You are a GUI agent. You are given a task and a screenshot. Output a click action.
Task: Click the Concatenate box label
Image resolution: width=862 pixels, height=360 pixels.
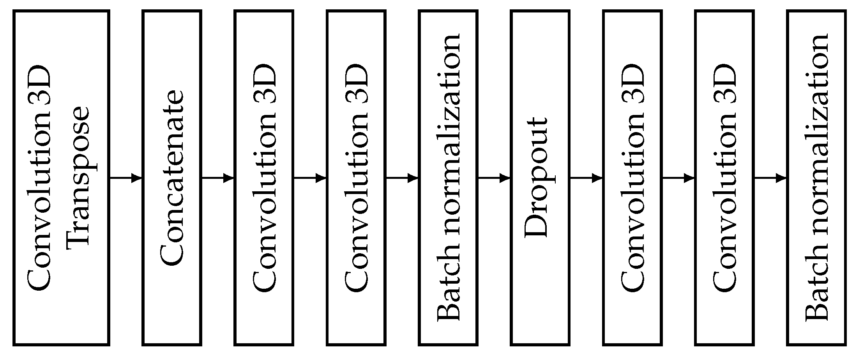tap(172, 178)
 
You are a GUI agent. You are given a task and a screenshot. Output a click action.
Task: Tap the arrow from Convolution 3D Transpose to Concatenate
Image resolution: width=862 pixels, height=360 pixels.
tap(126, 178)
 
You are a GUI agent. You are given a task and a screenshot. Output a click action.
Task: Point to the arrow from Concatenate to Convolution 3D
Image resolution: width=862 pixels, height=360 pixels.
tap(218, 178)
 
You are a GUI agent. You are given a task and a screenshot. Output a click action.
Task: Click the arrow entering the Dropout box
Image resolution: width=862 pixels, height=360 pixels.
tap(494, 178)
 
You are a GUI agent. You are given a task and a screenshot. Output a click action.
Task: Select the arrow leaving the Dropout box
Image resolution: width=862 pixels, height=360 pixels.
tap(586, 178)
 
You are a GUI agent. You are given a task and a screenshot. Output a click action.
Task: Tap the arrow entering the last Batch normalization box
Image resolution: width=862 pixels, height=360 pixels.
tap(770, 178)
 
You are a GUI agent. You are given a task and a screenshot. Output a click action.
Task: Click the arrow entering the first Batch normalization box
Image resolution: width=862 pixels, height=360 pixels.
tap(402, 178)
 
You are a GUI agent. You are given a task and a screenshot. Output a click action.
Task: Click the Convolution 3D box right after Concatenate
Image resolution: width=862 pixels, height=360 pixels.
tap(264, 178)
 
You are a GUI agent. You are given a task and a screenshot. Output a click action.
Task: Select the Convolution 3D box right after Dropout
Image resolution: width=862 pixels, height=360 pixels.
tap(632, 178)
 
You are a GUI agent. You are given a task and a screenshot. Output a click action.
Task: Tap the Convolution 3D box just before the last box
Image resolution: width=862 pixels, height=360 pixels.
tap(724, 178)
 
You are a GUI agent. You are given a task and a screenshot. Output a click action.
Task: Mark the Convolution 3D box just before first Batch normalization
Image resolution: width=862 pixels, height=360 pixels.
tap(356, 178)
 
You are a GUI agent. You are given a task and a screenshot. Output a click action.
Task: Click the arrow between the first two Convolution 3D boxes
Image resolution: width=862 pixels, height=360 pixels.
tap(310, 178)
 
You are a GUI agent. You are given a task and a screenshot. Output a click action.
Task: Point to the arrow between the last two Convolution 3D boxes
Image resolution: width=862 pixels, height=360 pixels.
tap(678, 178)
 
